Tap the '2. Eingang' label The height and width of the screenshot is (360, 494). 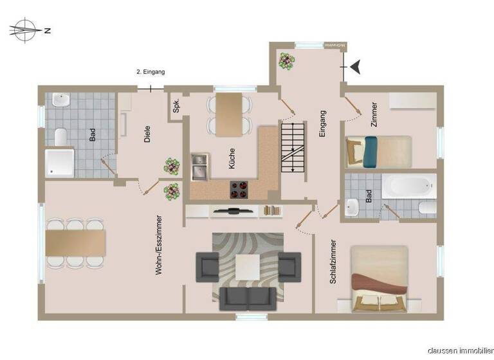point(151,71)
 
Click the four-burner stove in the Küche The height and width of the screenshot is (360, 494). point(239,189)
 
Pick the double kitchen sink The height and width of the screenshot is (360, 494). point(199,166)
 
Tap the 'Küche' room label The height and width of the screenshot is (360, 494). point(230,158)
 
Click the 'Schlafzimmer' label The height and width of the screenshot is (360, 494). point(333,262)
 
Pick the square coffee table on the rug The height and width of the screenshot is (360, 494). point(248,267)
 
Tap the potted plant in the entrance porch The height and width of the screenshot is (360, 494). point(286,62)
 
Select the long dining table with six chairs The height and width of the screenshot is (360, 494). point(75,243)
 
